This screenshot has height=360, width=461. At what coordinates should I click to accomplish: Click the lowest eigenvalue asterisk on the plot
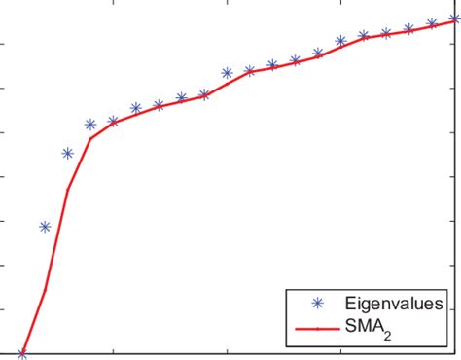tap(22, 354)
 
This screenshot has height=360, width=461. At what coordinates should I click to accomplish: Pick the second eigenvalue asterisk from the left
tap(45, 227)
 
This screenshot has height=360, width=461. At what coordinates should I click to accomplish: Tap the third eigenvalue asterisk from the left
tap(68, 153)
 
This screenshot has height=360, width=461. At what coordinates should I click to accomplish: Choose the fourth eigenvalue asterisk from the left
tap(90, 125)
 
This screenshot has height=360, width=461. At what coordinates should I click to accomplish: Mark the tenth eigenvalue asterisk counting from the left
tap(228, 73)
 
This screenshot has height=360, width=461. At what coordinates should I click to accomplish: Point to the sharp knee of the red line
tap(90, 138)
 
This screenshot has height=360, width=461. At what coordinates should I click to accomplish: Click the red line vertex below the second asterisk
tap(45, 290)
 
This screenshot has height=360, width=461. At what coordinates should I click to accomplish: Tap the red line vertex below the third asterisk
tap(68, 188)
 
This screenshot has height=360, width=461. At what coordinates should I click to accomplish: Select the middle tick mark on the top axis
tap(228, 4)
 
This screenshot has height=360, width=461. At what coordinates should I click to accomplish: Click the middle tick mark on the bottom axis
tap(228, 351)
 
